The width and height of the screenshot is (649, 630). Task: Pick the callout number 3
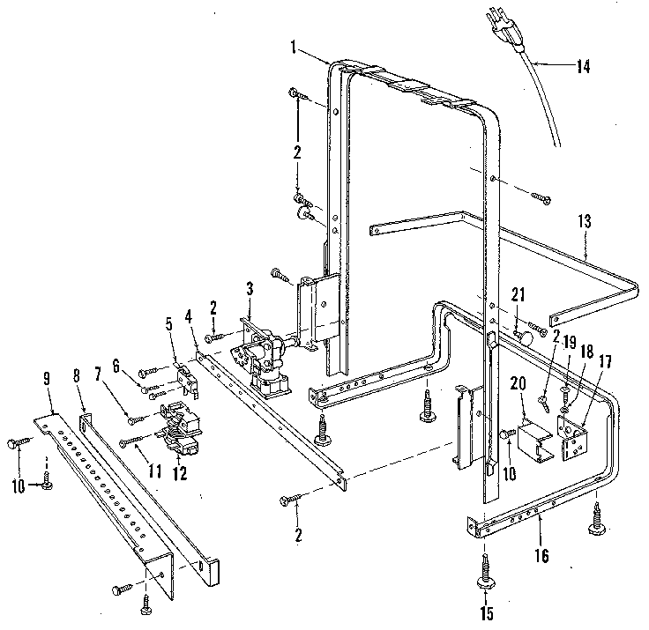[250, 288]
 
